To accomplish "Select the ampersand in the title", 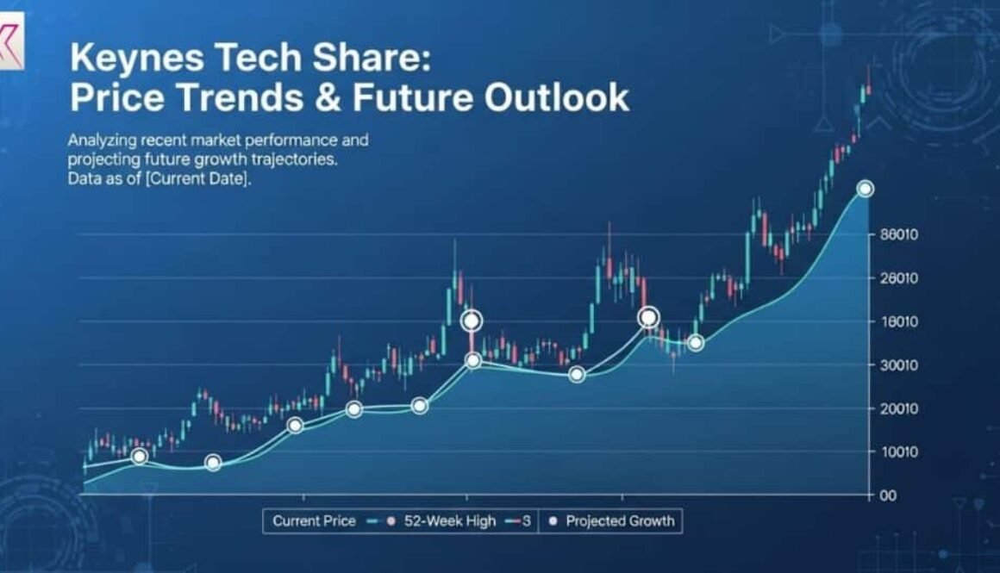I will pos(330,98).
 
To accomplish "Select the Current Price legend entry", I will pos(314,521).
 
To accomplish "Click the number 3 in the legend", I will pos(526,521).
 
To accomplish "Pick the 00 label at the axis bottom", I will pos(888,496).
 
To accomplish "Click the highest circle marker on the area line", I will pos(866,190).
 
